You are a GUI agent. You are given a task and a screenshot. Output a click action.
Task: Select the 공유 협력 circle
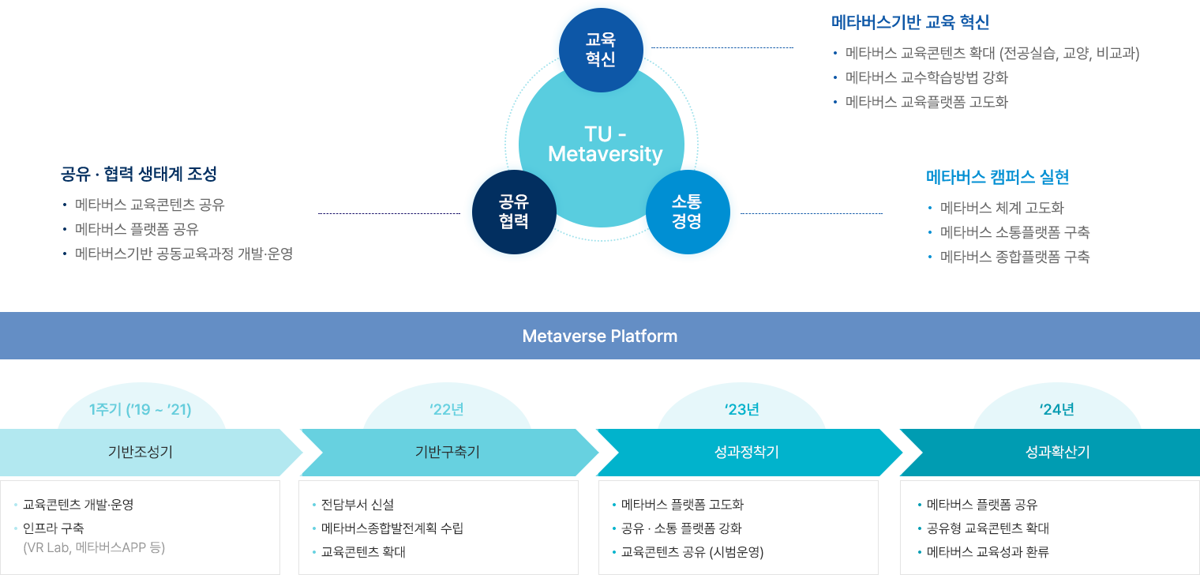[x=514, y=212]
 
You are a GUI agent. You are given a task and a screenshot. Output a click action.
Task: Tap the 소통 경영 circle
[x=687, y=212]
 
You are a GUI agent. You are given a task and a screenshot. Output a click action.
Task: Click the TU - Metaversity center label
[x=605, y=144]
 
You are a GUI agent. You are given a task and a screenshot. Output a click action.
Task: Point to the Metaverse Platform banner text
[x=600, y=336]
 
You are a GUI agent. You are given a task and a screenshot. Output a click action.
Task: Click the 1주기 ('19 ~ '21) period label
[x=141, y=409]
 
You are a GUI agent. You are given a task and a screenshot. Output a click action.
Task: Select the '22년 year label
[x=447, y=409]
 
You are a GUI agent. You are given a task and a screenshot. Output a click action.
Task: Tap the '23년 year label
[x=741, y=409]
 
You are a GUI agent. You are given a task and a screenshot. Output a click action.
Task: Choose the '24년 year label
[x=1057, y=409]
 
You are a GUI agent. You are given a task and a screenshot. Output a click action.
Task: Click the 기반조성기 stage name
[x=141, y=452]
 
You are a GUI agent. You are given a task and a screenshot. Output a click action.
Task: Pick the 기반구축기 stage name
[x=448, y=452]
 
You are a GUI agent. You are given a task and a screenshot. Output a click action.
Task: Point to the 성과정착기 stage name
[x=741, y=452]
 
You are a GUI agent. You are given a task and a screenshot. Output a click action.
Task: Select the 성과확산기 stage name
[x=1057, y=452]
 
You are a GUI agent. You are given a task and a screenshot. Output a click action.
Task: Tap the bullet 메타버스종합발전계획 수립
[x=392, y=528]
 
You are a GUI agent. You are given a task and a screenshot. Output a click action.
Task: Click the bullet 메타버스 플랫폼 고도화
[x=682, y=505]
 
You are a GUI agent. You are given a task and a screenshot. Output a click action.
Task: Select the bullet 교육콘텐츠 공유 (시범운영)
[x=692, y=551]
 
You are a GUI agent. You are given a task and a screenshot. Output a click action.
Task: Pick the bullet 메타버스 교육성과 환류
[x=988, y=551]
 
